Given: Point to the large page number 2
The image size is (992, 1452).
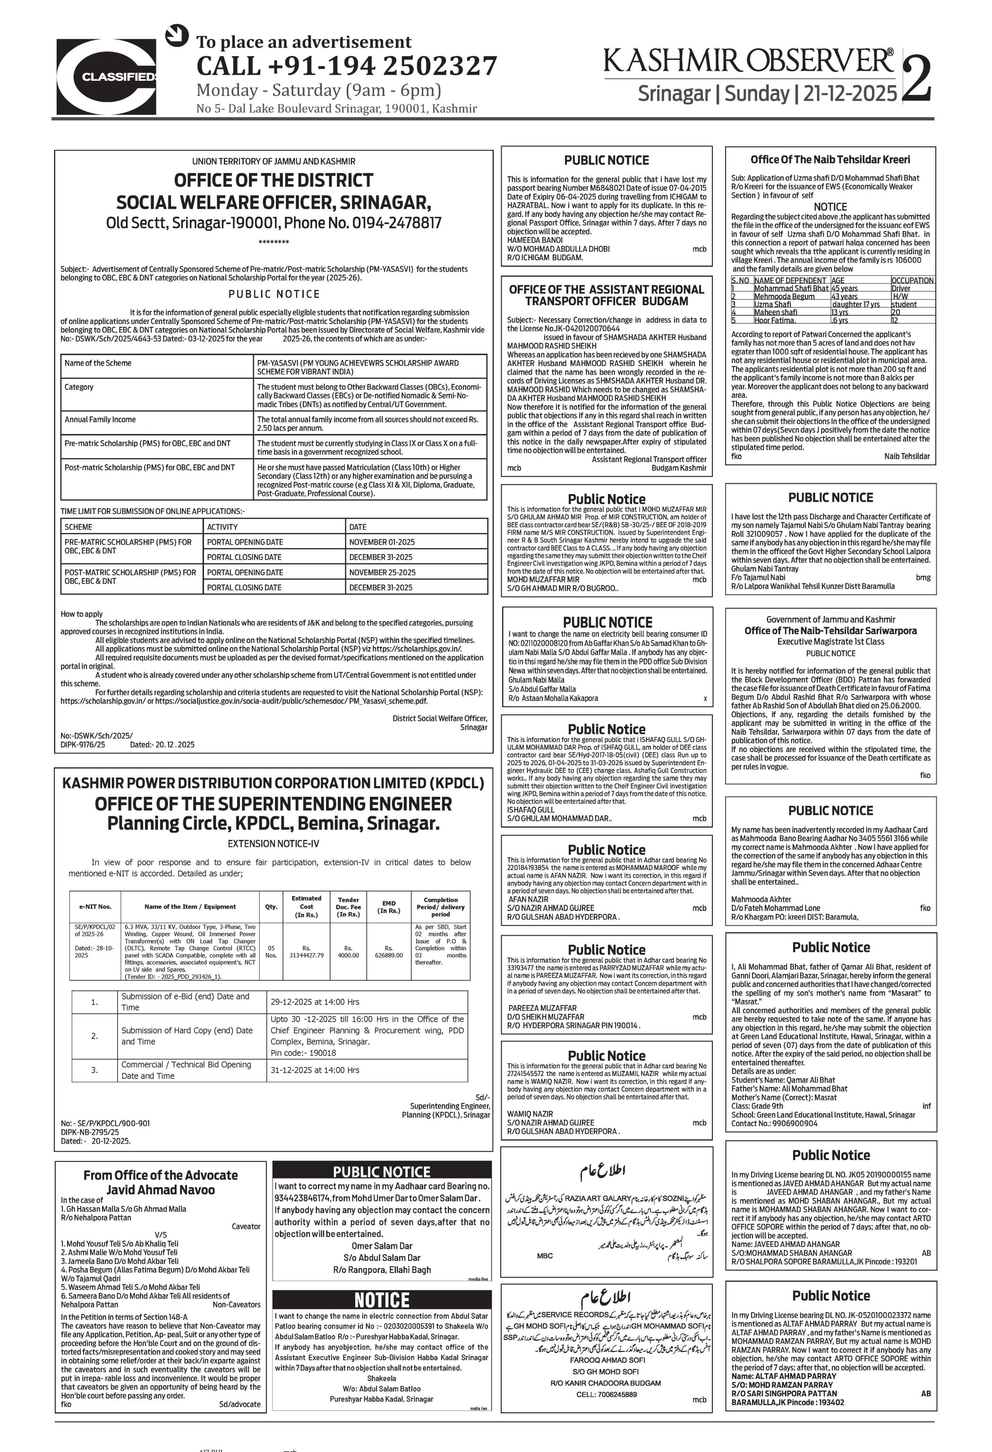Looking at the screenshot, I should [x=916, y=77].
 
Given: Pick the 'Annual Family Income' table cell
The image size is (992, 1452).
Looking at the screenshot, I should [x=100, y=420].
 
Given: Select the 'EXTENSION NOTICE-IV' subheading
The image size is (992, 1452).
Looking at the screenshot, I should [x=273, y=844].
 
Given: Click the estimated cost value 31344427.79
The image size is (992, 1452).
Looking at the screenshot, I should [x=306, y=955].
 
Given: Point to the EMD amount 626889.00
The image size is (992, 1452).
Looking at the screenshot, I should [x=389, y=955].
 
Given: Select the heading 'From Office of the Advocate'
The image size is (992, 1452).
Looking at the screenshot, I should [x=161, y=1175].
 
